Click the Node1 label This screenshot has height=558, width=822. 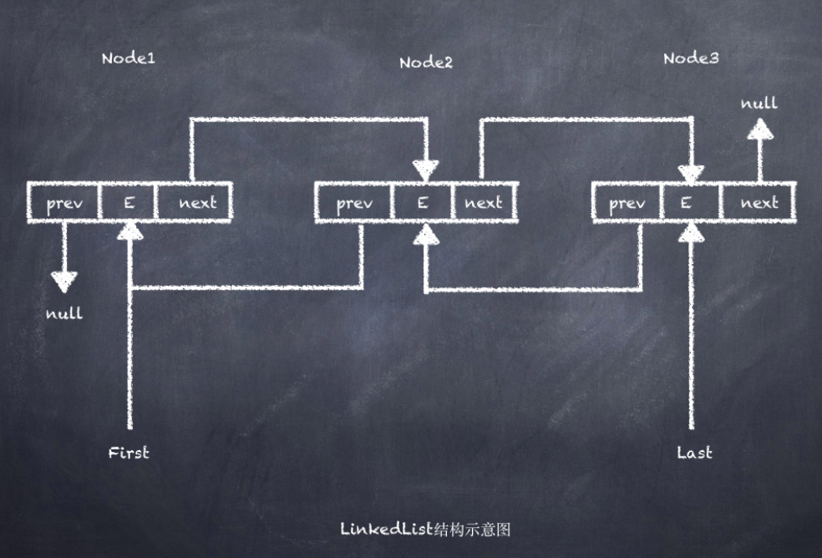128,58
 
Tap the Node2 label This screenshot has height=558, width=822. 425,63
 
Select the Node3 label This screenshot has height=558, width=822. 690,58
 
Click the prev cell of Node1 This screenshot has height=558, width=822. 64,203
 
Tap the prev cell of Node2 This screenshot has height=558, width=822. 353,203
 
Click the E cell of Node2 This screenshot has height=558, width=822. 423,203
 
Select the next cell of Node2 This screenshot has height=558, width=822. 483,203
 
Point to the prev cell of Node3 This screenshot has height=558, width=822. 627,203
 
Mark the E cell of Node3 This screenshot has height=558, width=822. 688,203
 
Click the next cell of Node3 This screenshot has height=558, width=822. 759,203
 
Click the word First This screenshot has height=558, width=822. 129,453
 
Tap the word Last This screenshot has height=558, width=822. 694,453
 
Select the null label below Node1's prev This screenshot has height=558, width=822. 64,314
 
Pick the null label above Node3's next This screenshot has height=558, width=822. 759,104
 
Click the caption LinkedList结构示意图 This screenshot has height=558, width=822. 425,529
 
